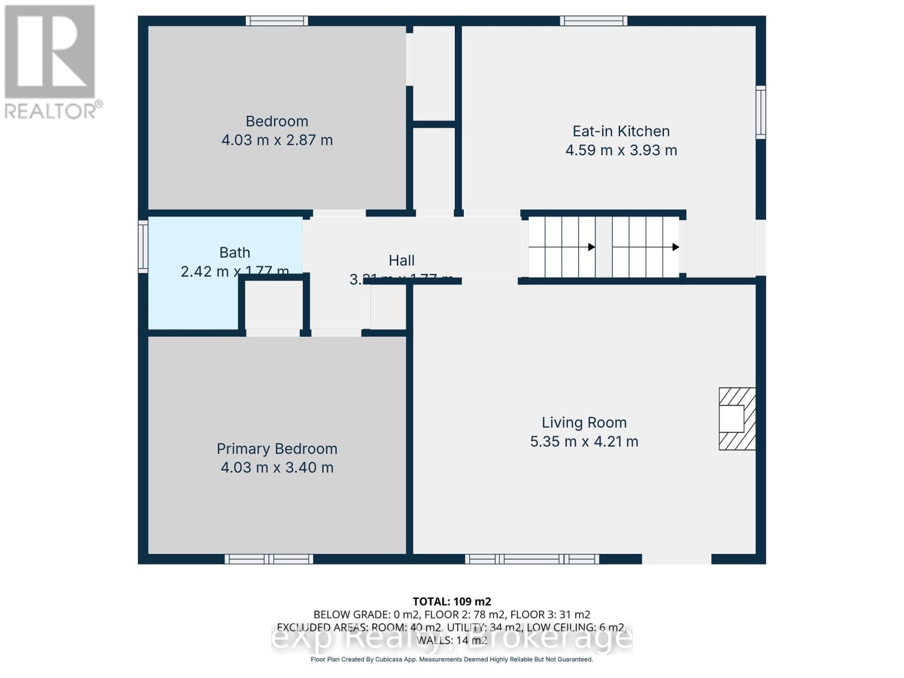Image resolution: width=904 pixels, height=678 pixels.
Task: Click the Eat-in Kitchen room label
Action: tap(621, 131)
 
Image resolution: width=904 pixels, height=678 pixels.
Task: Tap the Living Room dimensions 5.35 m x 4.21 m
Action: tap(584, 441)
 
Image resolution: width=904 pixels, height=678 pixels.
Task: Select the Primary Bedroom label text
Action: tap(277, 449)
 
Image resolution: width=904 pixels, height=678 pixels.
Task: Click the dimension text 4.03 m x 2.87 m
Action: tap(277, 140)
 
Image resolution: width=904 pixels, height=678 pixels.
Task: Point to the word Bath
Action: tap(234, 253)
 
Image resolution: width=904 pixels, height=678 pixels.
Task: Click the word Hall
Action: tap(402, 260)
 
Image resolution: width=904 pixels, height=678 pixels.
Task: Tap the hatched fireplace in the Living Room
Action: tap(737, 419)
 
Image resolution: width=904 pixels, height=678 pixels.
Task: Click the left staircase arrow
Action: tap(591, 247)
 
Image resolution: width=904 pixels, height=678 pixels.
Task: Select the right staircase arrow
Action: tap(675, 247)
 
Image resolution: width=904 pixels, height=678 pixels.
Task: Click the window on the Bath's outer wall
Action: tap(143, 247)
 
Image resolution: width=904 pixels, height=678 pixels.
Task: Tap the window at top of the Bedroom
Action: tap(277, 21)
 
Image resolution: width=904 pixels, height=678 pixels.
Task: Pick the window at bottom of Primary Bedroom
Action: tap(269, 559)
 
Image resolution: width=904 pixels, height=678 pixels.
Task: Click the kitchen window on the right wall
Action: tap(761, 112)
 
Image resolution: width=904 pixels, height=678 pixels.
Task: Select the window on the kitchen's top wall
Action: tap(594, 21)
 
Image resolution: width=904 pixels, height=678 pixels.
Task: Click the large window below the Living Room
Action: tap(532, 559)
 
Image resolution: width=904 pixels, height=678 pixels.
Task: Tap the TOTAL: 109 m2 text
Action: tap(452, 601)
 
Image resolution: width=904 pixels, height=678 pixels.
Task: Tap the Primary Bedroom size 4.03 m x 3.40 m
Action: tap(277, 468)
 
